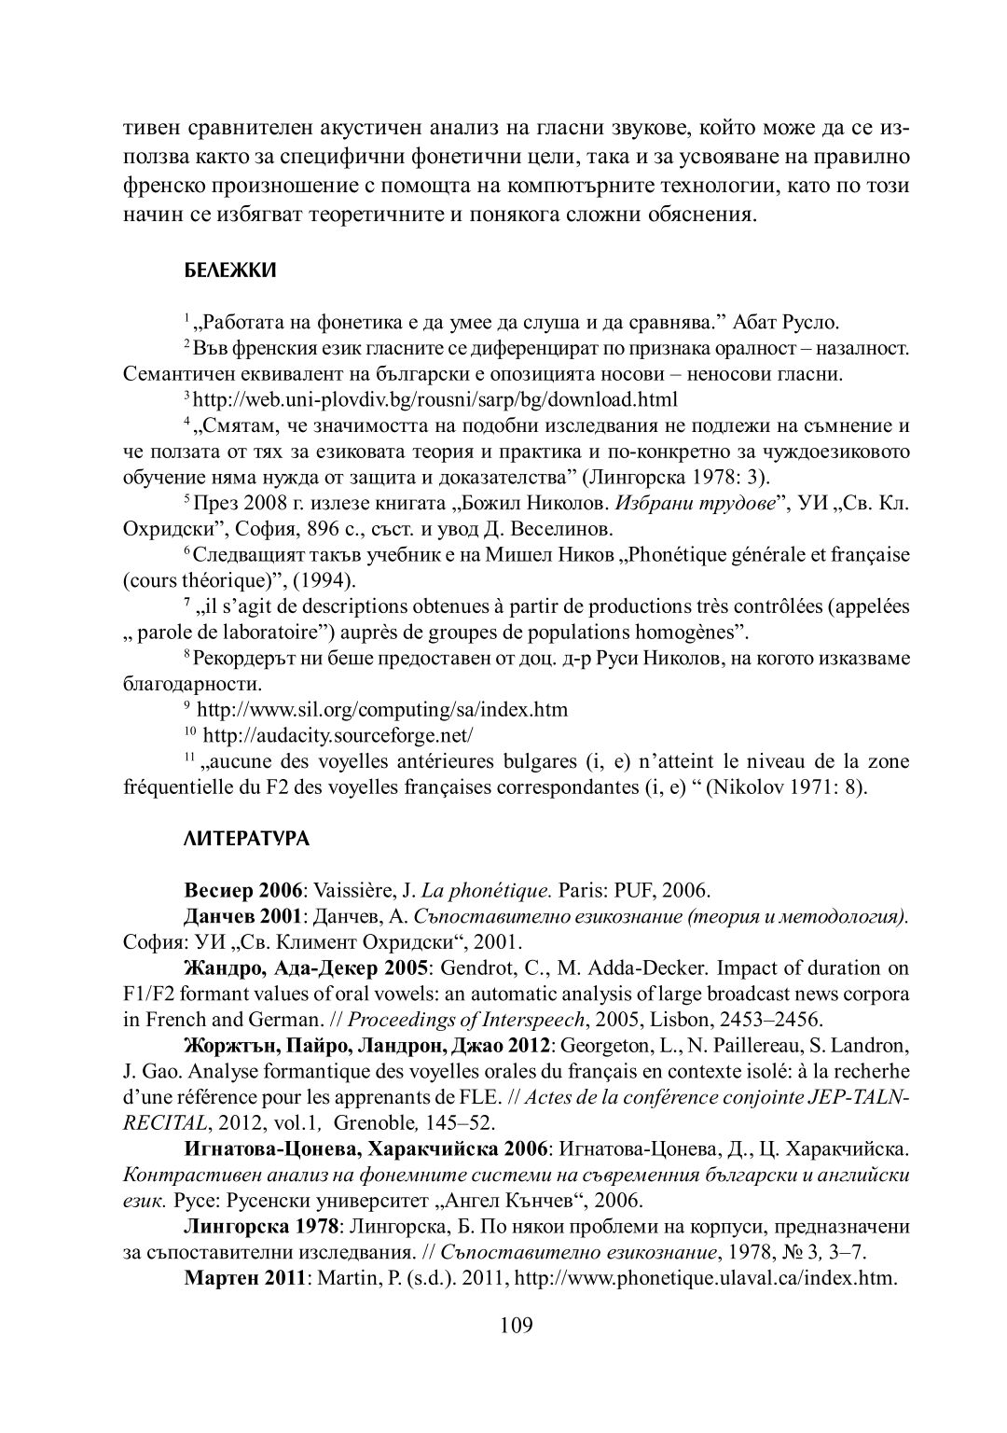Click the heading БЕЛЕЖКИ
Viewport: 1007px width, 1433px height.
(228, 271)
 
